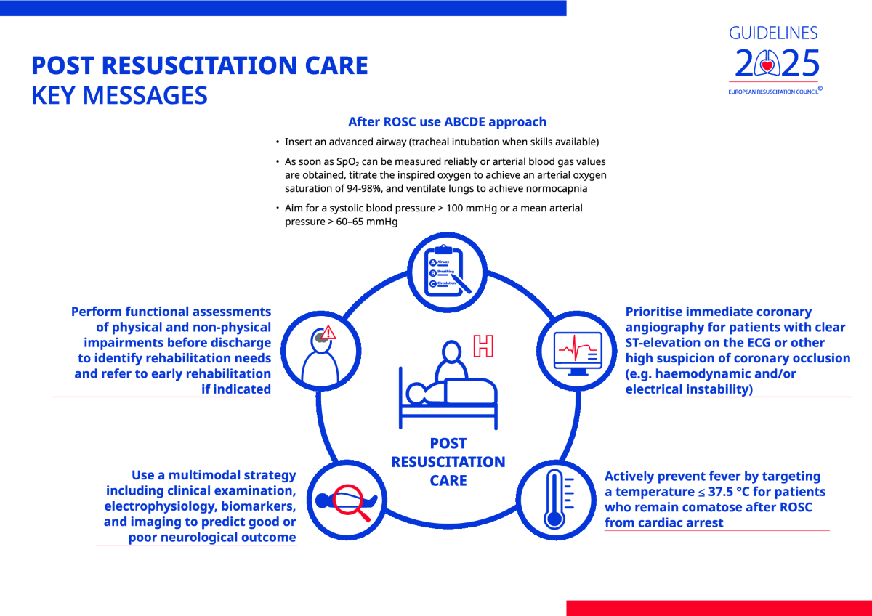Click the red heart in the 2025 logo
[x=767, y=66]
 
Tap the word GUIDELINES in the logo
[x=773, y=33]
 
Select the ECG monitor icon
[x=576, y=352]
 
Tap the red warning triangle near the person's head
[x=328, y=333]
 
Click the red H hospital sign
[x=483, y=346]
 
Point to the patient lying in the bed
[x=451, y=392]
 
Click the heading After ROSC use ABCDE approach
[x=447, y=122]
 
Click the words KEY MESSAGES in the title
[x=119, y=96]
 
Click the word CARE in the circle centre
[x=448, y=480]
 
